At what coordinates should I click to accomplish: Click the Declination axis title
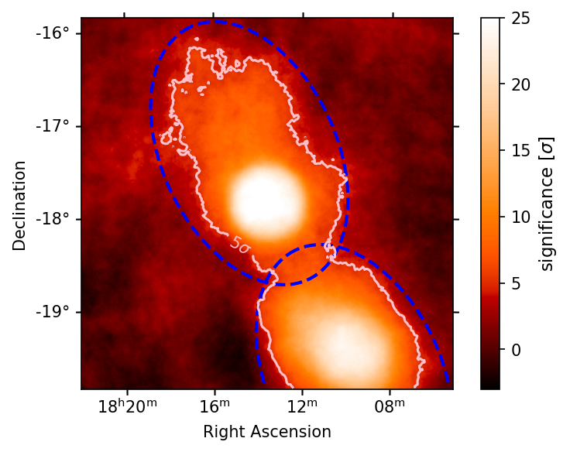click(19, 205)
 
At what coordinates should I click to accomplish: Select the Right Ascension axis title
click(267, 432)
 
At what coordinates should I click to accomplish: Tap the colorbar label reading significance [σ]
click(548, 204)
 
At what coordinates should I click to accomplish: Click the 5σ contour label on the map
click(240, 245)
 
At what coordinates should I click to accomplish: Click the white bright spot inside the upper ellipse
click(263, 197)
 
